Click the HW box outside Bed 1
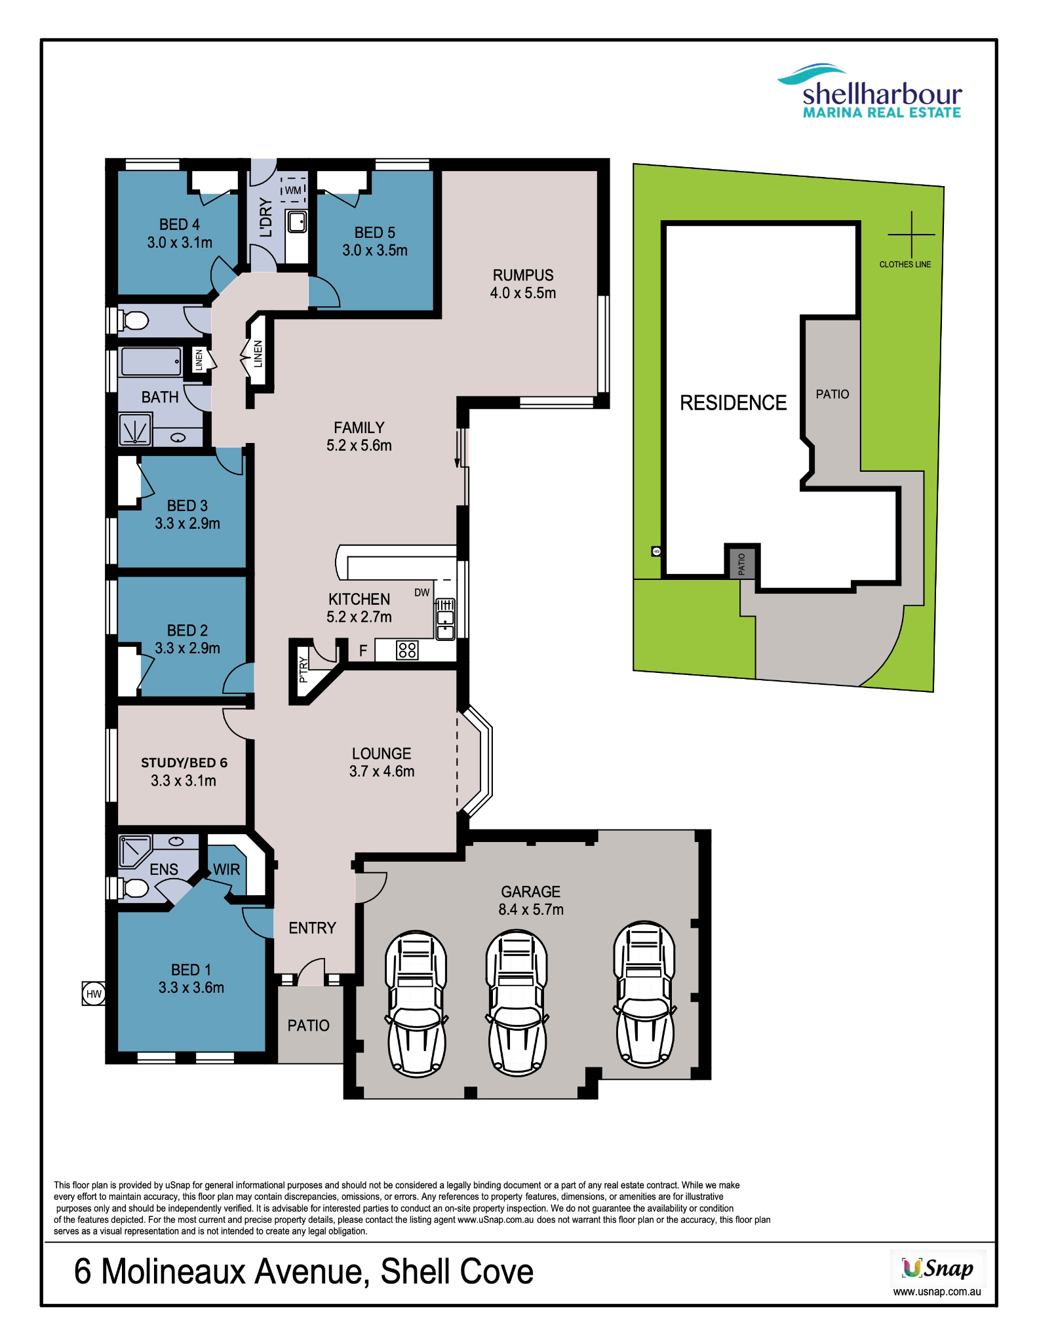tap(94, 993)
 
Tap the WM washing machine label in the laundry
tap(293, 190)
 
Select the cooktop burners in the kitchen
tap(407, 650)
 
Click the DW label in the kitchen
tap(421, 592)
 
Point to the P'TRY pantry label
tap(303, 670)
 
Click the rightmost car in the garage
tap(644, 995)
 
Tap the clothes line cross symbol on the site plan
tap(911, 234)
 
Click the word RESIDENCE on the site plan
tap(733, 402)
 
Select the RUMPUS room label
tap(523, 275)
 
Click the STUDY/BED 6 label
tap(184, 763)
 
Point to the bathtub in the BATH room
tap(151, 361)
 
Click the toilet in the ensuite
tap(134, 888)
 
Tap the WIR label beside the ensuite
tap(227, 870)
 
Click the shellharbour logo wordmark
tap(882, 94)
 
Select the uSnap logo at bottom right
tap(937, 1268)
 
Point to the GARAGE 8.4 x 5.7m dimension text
tap(531, 910)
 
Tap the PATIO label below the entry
tap(308, 1026)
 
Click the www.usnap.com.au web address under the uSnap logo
tap(937, 1292)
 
